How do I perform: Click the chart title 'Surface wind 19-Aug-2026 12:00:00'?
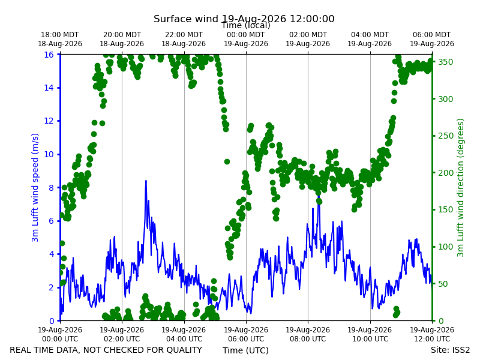pyautogui.click(x=244, y=19)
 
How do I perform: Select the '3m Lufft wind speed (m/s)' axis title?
pyautogui.click(x=35, y=187)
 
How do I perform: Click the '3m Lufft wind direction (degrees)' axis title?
pyautogui.click(x=460, y=188)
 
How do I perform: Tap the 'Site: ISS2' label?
pyautogui.click(x=450, y=350)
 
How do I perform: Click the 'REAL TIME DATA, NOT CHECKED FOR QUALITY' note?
pyautogui.click(x=106, y=350)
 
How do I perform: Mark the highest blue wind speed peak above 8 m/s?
pyautogui.click(x=146, y=181)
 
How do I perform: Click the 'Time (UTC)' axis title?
pyautogui.click(x=245, y=350)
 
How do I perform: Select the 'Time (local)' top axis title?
pyautogui.click(x=246, y=25)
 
